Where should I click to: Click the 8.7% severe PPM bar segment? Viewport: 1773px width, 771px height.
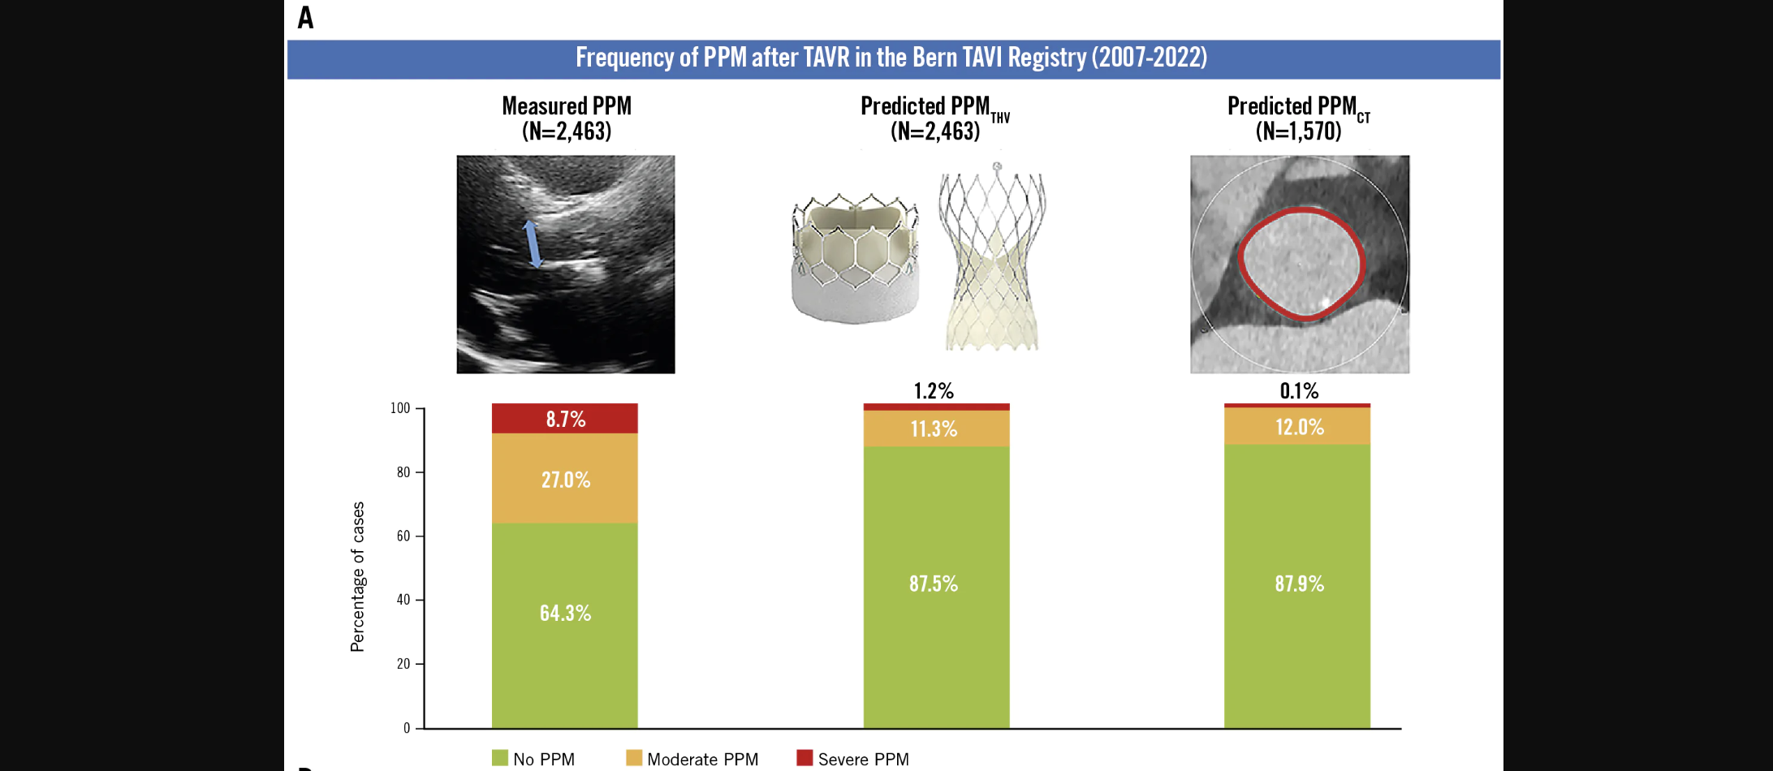click(x=565, y=419)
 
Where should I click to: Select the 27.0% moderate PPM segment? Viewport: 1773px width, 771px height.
click(x=565, y=479)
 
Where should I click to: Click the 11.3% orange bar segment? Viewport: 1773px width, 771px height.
click(x=935, y=429)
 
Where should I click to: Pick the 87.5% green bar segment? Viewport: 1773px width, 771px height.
click(x=935, y=584)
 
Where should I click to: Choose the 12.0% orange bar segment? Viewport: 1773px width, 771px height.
click(x=1297, y=427)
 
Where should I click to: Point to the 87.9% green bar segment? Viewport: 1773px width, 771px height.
click(x=1297, y=584)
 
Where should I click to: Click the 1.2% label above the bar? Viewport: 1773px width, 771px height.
click(x=934, y=391)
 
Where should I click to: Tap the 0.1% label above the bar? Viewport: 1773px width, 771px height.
click(x=1299, y=391)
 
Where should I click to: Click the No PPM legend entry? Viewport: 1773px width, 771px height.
click(x=533, y=759)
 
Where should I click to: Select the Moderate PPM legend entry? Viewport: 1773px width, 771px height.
click(x=692, y=759)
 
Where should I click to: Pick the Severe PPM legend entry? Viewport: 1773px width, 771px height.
click(x=852, y=759)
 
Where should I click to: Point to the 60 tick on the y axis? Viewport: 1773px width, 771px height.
click(x=403, y=536)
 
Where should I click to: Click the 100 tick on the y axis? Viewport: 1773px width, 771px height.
click(x=400, y=407)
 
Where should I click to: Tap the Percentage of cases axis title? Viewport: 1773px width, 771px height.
click(x=357, y=576)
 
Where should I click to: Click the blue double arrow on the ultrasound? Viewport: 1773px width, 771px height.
click(x=532, y=243)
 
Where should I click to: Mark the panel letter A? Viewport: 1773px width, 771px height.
click(x=305, y=18)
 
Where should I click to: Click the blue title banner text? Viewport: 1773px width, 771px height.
click(x=891, y=58)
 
